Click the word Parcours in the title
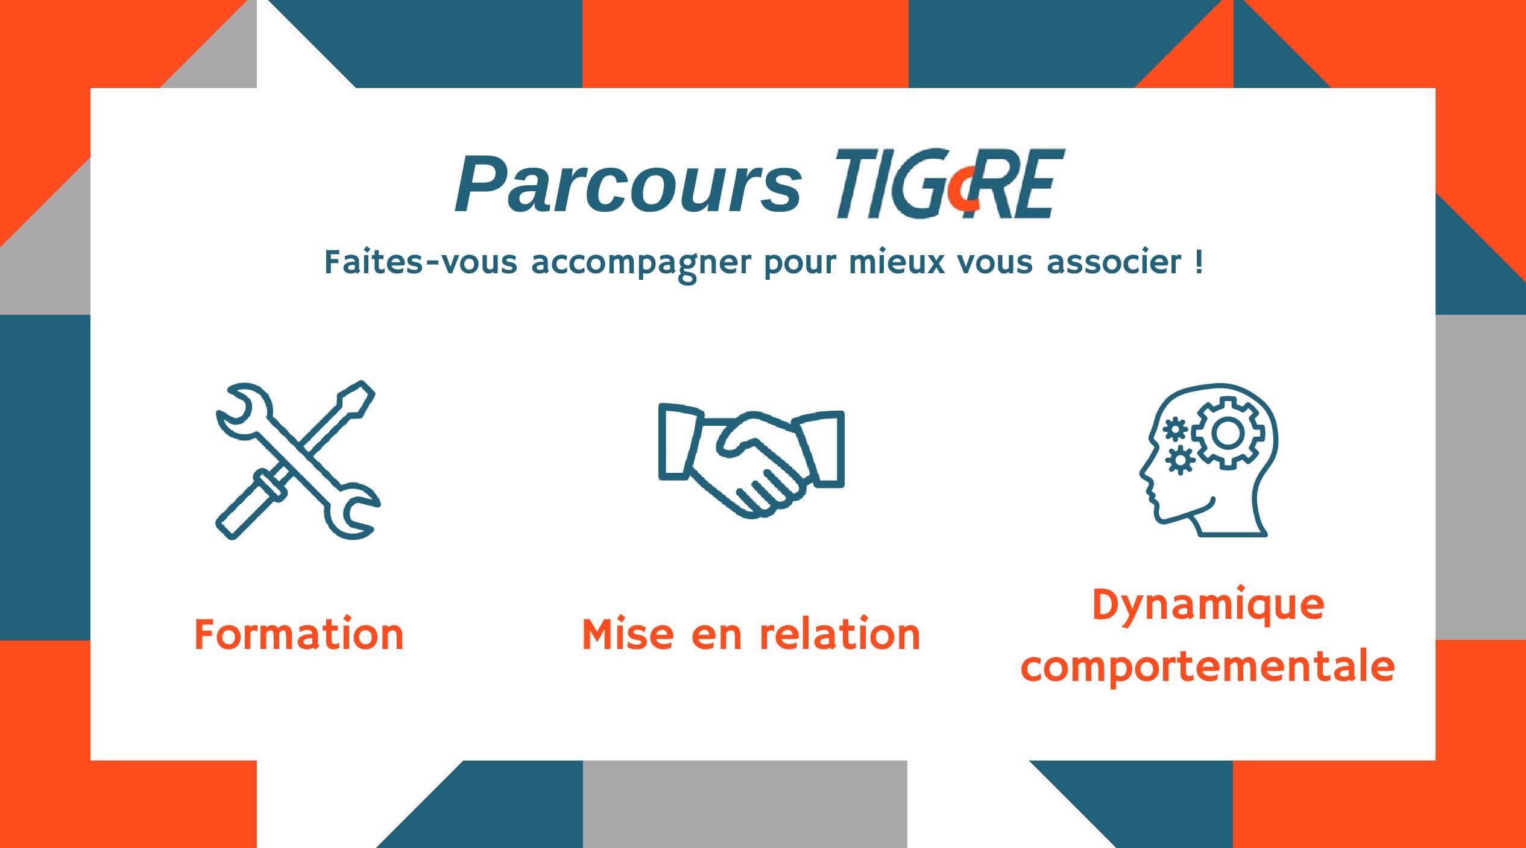click(628, 184)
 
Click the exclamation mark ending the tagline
click(1198, 262)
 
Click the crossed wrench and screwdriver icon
click(298, 460)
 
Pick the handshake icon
click(751, 460)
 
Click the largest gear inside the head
click(1228, 433)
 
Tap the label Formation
click(299, 635)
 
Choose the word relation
click(839, 634)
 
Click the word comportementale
click(1208, 668)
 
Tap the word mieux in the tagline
click(897, 262)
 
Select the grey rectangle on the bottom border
click(745, 804)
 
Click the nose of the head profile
click(1143, 474)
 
